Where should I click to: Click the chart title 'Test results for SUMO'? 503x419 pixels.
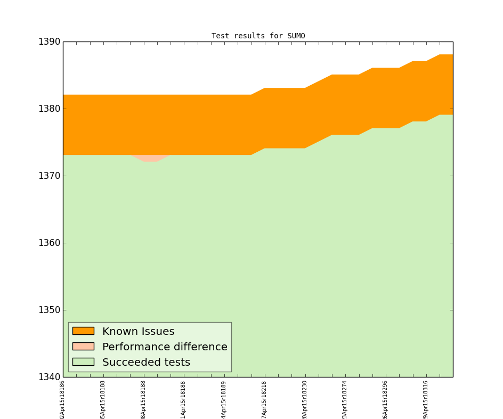tap(258, 36)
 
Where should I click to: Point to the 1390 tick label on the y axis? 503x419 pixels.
tap(49, 42)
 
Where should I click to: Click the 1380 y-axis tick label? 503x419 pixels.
tap(49, 109)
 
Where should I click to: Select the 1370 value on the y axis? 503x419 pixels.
tap(49, 176)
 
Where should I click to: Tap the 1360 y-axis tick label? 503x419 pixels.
tap(49, 243)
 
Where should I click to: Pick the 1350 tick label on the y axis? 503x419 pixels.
tap(49, 310)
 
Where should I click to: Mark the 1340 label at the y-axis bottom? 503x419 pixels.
tap(49, 377)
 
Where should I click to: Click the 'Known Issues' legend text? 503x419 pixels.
tap(138, 332)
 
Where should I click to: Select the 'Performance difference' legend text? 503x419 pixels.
tap(165, 347)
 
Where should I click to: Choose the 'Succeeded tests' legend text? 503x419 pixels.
tap(146, 363)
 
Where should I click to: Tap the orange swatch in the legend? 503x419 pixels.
tap(83, 331)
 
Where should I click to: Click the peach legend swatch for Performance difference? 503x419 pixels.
tap(83, 346)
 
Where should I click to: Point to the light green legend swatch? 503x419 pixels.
tap(83, 362)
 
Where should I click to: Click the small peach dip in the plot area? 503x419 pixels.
tap(150, 158)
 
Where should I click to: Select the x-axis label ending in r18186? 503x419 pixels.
tap(63, 399)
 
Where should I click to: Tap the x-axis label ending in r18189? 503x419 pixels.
tap(224, 399)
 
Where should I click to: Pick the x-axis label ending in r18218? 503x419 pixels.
tap(264, 399)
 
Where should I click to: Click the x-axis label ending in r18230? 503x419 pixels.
tap(305, 399)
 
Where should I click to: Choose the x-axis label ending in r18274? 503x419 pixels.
tap(345, 399)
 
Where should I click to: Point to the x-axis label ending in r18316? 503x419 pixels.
tap(426, 399)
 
